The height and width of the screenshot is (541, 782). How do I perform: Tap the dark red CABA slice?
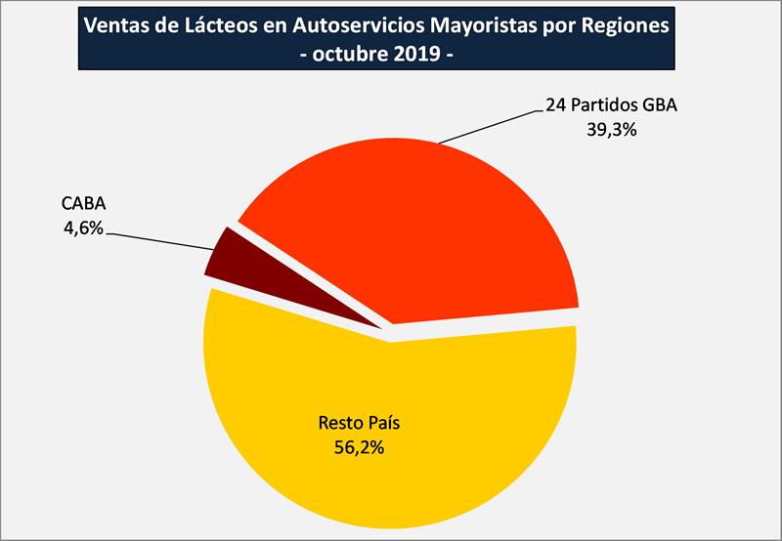[x=227, y=256]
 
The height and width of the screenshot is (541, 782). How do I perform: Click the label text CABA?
[x=83, y=205]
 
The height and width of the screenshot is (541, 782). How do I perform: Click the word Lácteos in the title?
[x=218, y=26]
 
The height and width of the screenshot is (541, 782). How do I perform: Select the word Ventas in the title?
[x=115, y=26]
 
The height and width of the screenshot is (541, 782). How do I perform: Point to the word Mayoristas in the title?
[x=481, y=26]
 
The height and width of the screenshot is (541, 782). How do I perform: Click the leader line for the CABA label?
[x=161, y=240]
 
